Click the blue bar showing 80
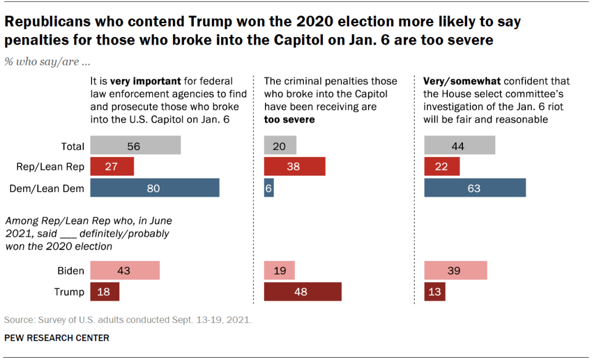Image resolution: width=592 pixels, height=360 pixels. [x=155, y=188]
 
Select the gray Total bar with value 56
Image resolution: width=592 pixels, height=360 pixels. [x=135, y=146]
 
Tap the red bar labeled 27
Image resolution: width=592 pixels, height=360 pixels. [x=112, y=167]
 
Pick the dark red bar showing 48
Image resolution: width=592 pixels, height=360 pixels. [x=303, y=292]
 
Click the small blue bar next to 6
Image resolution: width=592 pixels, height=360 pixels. [x=269, y=188]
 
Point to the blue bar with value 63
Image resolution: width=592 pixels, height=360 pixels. [x=475, y=188]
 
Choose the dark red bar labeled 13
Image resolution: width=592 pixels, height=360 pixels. [x=435, y=292]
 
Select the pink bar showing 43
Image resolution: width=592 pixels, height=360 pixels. [x=124, y=271]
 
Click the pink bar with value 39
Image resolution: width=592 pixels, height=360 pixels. [x=455, y=271]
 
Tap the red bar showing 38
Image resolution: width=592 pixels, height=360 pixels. [x=295, y=167]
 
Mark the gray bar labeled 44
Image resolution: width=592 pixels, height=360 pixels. [x=459, y=146]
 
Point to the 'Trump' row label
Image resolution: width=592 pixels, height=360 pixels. [x=69, y=292]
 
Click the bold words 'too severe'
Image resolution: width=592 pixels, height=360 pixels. [x=289, y=120]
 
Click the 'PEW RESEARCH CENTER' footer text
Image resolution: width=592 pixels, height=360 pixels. [x=57, y=337]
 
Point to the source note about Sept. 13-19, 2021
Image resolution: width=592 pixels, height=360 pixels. [x=128, y=319]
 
